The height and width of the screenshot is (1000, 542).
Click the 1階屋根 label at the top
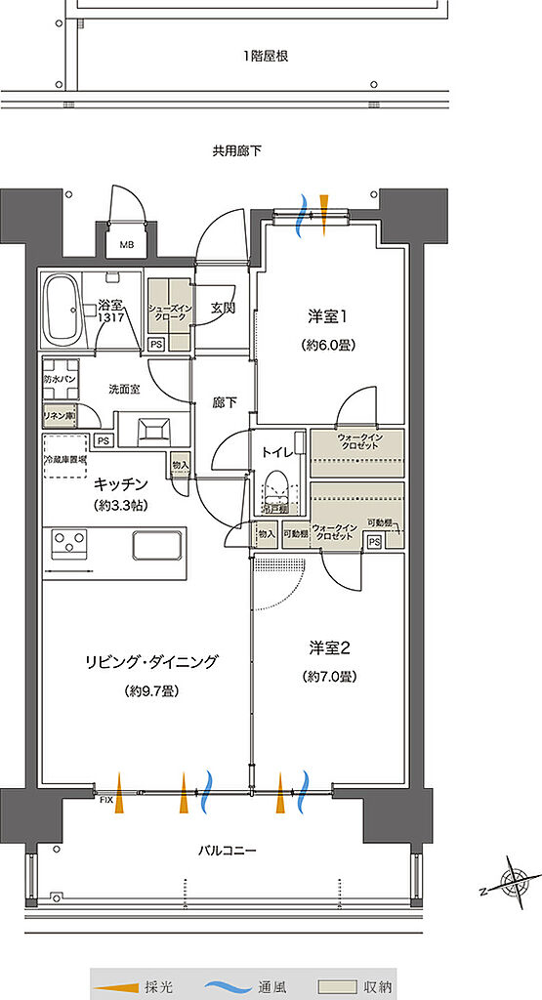click(x=266, y=56)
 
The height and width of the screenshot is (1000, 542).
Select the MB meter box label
click(x=127, y=245)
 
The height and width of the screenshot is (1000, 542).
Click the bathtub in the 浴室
click(x=63, y=309)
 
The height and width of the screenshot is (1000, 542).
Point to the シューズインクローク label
click(x=170, y=313)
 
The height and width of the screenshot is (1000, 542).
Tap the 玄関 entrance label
click(x=223, y=309)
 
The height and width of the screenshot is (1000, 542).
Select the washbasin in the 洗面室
click(x=154, y=430)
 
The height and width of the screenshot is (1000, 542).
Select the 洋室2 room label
click(x=328, y=646)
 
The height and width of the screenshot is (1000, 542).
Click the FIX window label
click(x=106, y=800)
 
